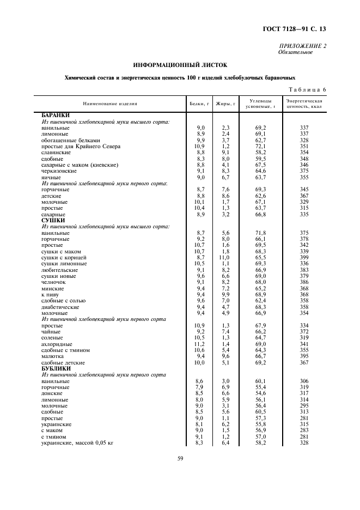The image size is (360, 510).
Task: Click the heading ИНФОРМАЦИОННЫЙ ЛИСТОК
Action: click(180, 65)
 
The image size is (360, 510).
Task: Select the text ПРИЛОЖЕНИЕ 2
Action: click(303, 46)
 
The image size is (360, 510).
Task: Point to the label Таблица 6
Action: click(306, 89)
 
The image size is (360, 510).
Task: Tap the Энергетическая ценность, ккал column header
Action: click(304, 103)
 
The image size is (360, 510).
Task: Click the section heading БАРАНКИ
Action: click(56, 115)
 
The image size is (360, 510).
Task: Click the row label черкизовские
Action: click(58, 171)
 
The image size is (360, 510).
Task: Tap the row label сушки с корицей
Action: click(60, 257)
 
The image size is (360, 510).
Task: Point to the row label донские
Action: click(52, 393)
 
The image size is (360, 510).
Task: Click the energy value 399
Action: click(304, 257)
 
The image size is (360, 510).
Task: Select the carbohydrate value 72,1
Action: click(261, 146)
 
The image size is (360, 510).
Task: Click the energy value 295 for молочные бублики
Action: click(304, 405)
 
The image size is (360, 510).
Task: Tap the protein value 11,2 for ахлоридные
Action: click(200, 344)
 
